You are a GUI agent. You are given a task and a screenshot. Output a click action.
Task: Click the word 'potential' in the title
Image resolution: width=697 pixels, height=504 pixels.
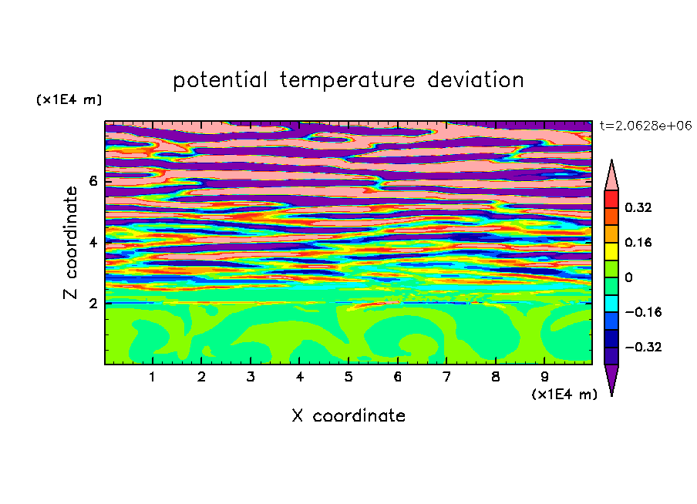click(x=221, y=81)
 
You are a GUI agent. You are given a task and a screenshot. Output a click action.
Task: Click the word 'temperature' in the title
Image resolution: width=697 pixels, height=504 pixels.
click(x=348, y=81)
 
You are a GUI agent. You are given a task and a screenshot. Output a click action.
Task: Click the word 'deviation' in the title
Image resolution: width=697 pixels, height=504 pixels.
click(x=476, y=80)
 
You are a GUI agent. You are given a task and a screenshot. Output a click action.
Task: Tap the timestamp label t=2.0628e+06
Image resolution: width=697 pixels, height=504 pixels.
click(x=645, y=126)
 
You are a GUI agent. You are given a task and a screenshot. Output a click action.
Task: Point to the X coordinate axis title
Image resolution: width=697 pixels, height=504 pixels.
click(x=348, y=415)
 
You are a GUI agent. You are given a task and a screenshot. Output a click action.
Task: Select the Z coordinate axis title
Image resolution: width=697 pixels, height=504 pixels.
click(x=71, y=242)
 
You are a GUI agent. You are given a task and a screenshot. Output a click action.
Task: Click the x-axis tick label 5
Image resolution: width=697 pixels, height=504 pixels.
click(x=348, y=377)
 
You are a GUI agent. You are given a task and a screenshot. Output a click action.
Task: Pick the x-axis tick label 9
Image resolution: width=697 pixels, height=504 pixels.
click(x=544, y=377)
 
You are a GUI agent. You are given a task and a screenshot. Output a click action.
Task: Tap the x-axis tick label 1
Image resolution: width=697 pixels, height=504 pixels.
click(x=153, y=377)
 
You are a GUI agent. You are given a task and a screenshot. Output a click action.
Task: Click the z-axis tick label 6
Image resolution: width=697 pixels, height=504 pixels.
click(x=93, y=181)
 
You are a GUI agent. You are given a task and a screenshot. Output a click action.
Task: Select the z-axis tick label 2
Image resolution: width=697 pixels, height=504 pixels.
click(x=93, y=304)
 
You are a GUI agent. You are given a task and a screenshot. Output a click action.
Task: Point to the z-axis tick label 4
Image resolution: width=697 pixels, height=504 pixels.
click(x=93, y=242)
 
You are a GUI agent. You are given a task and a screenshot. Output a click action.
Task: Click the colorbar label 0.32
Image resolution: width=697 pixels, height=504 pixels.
click(x=638, y=207)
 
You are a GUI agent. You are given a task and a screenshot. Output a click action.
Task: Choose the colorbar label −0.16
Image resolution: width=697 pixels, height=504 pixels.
click(x=643, y=312)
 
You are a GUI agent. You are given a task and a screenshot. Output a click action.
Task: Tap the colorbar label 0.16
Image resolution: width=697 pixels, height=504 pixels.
click(x=638, y=242)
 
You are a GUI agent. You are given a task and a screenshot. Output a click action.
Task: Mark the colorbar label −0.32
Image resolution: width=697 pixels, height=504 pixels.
click(x=643, y=347)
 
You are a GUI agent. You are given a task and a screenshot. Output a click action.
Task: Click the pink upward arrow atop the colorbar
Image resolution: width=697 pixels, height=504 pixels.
click(x=611, y=176)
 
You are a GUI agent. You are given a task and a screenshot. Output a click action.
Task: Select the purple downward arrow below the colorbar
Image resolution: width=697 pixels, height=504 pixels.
click(x=611, y=378)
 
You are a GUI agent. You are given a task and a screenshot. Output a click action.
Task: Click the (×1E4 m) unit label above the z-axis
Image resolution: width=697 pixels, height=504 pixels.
click(x=69, y=99)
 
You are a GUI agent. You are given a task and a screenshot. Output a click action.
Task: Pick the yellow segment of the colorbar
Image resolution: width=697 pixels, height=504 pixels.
click(x=611, y=251)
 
